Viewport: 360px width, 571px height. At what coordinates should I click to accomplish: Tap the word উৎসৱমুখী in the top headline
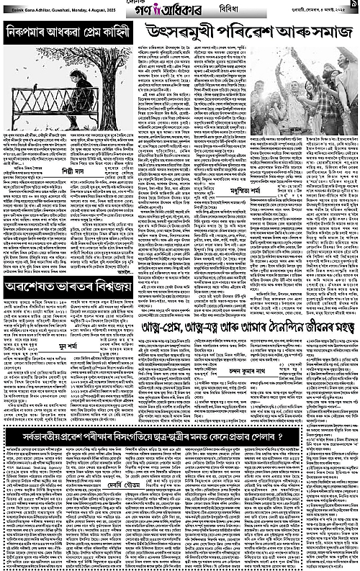click(x=177, y=30)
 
